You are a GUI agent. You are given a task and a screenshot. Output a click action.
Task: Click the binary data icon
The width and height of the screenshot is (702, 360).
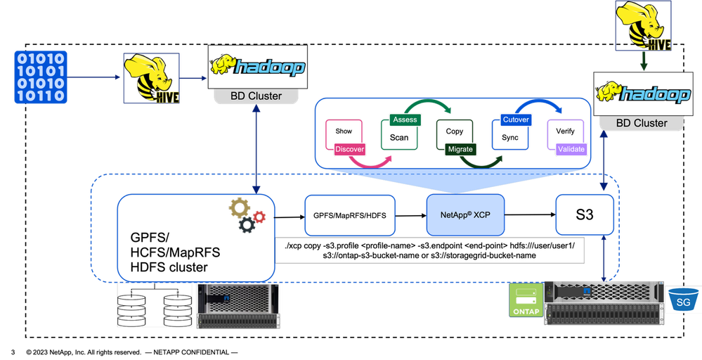coord(40,77)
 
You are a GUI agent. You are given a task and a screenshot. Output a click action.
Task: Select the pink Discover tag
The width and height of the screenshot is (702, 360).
coord(349,150)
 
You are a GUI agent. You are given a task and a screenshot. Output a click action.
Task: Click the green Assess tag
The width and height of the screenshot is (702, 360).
coord(405,120)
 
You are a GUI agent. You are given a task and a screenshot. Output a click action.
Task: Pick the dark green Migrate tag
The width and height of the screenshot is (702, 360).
coord(460,149)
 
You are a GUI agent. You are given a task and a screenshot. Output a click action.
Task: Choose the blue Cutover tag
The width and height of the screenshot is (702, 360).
coord(516,120)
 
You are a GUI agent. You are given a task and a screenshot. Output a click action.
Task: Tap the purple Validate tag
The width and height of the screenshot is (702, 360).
coord(571,149)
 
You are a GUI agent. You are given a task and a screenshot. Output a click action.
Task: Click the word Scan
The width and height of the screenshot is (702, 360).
coord(398,137)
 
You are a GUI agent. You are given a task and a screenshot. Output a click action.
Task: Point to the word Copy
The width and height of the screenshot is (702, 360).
coord(455,131)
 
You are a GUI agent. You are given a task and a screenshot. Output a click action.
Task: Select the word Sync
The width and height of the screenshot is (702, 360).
coord(510,137)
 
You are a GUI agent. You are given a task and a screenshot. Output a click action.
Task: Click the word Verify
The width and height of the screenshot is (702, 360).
coord(565,131)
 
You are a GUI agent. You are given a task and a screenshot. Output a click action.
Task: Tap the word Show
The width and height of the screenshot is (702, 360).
coord(344,131)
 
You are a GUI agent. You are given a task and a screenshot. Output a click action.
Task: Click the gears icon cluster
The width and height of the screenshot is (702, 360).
coord(246,216)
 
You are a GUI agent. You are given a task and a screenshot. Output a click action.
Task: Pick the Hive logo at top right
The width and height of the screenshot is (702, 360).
coord(643,26)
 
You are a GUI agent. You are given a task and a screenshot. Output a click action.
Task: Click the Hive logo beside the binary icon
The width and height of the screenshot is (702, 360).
coord(150,77)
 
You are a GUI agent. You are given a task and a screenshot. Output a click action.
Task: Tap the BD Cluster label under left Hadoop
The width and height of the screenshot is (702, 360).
coord(256,96)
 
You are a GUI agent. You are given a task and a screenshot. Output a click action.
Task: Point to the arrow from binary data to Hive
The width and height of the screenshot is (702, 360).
coord(94,78)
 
